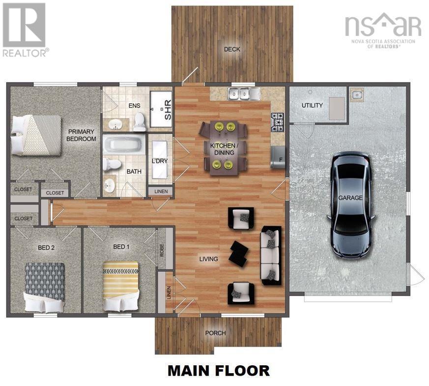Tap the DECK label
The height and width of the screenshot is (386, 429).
click(232, 49)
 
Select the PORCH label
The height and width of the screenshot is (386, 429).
click(215, 333)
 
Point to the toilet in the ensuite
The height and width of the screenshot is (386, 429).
click(140, 122)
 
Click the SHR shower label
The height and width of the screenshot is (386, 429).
click(167, 113)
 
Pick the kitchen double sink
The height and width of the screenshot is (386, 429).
click(240, 93)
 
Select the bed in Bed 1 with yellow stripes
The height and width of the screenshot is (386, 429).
click(120, 286)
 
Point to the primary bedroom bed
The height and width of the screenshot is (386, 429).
click(37, 134)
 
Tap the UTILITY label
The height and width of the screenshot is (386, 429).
click(312, 105)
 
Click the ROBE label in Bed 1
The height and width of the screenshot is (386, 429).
click(162, 249)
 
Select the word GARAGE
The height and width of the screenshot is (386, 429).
click(350, 198)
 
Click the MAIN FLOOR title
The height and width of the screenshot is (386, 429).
click(218, 370)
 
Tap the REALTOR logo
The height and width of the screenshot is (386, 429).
click(25, 30)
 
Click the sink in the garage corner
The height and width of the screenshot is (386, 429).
click(357, 95)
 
